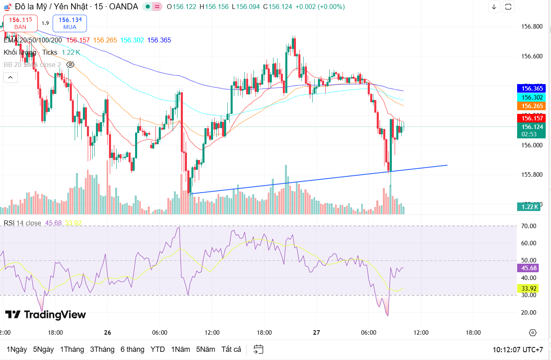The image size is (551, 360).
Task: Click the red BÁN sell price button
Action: pos(20,23)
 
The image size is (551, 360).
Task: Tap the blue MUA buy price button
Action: pos(70,23)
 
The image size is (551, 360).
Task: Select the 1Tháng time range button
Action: pos(72,349)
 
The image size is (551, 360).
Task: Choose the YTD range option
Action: pos(158,349)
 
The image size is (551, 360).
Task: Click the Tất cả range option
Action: pos(231,349)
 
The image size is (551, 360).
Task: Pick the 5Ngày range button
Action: pos(43,349)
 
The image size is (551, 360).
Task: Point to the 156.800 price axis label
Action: pos(532,27)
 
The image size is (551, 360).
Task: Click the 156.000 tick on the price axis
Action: pos(532,145)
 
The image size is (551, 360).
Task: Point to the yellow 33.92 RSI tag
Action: pos(528,288)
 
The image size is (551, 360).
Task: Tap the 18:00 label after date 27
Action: pos(473,333)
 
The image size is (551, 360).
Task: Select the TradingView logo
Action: pos(45,315)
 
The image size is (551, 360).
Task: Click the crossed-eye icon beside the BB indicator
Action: pos(70,64)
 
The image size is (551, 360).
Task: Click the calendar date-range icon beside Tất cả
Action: pos(258,349)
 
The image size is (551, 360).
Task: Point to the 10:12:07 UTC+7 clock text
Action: pos(518,350)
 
